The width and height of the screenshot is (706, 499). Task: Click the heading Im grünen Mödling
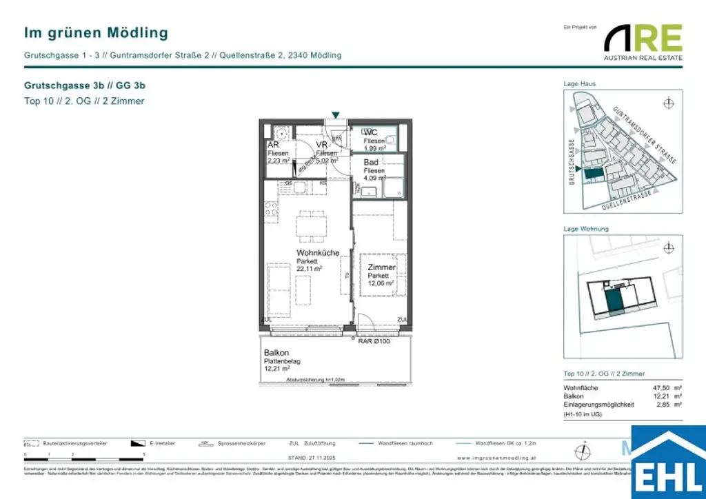(x=96, y=32)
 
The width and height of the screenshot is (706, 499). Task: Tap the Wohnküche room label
(x=318, y=253)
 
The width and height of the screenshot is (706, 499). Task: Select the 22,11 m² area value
(x=310, y=269)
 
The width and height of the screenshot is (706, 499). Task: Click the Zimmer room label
(x=381, y=267)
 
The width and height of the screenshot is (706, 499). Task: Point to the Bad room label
(x=371, y=162)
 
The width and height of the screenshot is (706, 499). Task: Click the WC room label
(x=370, y=132)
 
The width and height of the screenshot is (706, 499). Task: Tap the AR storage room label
(x=273, y=145)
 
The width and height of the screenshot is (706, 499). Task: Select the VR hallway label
(x=321, y=145)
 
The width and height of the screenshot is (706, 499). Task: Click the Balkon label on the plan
(x=276, y=352)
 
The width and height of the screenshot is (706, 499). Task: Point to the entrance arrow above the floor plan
(x=335, y=114)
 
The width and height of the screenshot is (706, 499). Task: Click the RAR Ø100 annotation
(x=374, y=340)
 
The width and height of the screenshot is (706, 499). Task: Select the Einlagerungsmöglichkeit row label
(x=598, y=405)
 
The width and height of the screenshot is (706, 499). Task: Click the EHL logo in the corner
(x=668, y=463)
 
